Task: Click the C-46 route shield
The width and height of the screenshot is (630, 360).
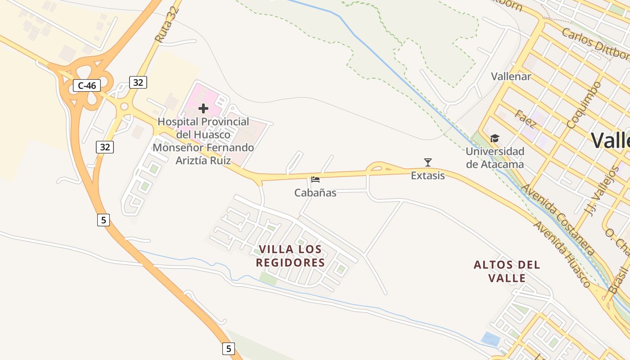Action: coord(87,85)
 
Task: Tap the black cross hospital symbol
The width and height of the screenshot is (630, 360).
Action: coord(203,108)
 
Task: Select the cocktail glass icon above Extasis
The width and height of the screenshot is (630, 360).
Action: coord(428,162)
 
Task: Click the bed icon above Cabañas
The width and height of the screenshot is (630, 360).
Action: coord(315,180)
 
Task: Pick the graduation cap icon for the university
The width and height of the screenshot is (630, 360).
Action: coord(495,139)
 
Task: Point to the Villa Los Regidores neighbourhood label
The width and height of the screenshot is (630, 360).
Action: coord(291,256)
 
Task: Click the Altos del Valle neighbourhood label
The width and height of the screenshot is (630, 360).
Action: coord(507,271)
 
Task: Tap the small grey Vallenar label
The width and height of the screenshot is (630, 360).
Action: coord(511,76)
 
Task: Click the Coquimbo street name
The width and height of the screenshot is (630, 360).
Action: coord(584,105)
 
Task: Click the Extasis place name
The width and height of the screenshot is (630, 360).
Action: coord(428,176)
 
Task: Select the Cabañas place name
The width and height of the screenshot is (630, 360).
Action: coord(315,193)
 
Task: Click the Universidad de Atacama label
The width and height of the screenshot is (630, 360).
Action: coord(495,158)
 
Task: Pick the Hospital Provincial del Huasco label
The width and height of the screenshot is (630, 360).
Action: coord(203,141)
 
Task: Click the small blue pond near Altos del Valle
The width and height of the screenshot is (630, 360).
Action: coord(490,338)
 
